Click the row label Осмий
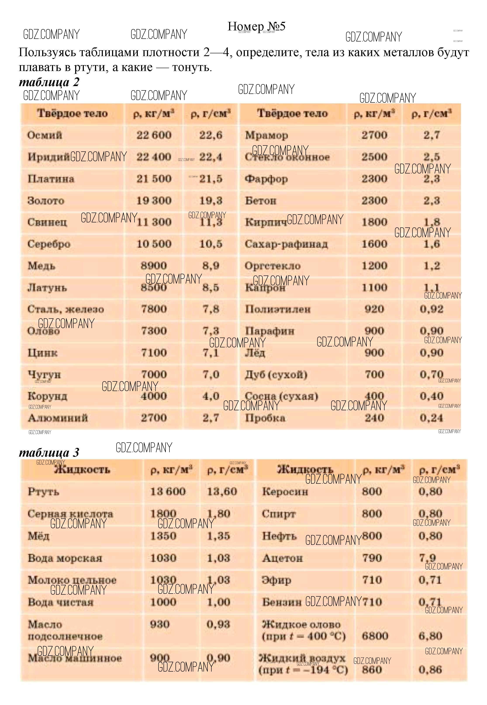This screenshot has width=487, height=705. tap(45, 135)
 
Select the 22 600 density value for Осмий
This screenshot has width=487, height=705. tap(154, 135)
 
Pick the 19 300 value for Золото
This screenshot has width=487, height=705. tap(154, 201)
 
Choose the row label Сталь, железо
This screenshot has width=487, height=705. tap(66, 309)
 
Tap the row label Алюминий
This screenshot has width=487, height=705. tap(58, 418)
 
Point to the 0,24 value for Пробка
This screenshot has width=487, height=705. tap(431, 418)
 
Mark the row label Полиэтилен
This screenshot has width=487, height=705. tap(278, 309)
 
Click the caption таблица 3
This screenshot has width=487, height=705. tap(49, 452)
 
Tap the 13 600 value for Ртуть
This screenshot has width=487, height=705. tap(168, 492)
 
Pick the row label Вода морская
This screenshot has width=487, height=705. tap(65, 558)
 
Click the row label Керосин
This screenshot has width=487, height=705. tap(285, 492)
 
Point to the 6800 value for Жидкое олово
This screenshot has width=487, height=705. tap(372, 636)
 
